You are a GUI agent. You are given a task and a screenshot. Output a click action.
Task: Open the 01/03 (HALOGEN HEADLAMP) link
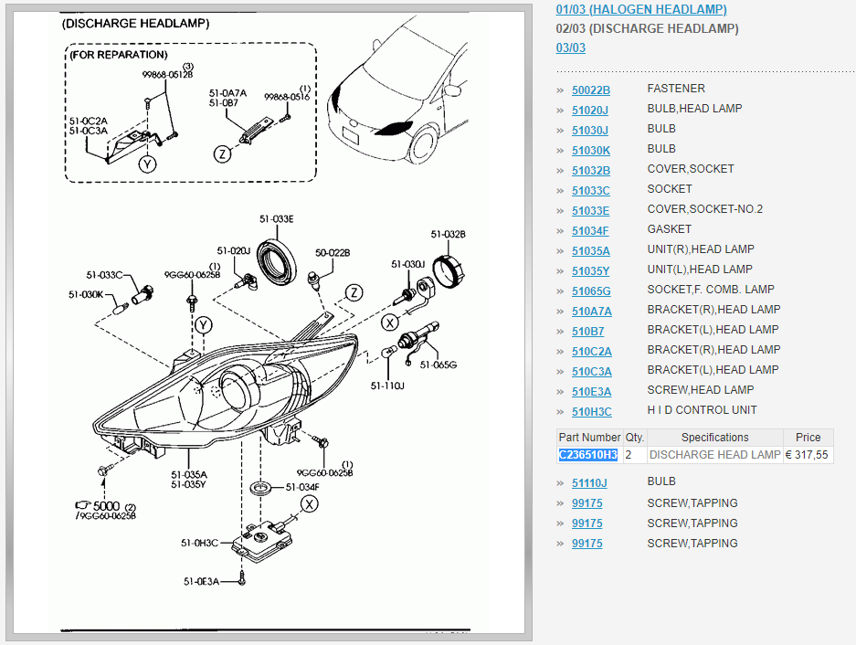pos(641,9)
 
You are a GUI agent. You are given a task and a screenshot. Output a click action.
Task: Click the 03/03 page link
pos(570,48)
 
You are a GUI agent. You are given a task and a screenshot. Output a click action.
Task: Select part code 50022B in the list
pos(590,89)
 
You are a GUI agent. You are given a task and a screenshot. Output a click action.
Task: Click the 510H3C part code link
pos(591,410)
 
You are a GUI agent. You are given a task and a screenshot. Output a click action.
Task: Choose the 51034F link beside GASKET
pos(590,229)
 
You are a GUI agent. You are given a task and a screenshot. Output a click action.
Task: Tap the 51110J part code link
pos(589,481)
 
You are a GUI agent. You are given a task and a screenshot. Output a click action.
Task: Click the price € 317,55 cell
pos(808,454)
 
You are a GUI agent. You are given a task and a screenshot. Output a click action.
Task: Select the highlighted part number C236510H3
pos(588,454)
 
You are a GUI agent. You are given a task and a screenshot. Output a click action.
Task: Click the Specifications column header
pos(714,438)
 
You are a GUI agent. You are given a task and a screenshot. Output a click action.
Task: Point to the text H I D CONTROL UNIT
pos(702,410)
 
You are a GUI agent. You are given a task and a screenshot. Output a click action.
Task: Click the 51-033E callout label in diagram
pos(276,219)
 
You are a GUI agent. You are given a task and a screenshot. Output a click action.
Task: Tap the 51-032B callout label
pos(449,234)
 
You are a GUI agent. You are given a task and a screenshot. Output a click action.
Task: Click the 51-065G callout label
pos(439,365)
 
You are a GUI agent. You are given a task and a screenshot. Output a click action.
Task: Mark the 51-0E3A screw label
pos(201,581)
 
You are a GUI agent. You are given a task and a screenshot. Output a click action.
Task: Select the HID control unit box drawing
pos(266,538)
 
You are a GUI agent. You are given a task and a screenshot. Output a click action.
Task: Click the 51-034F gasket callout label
pos(302,487)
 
